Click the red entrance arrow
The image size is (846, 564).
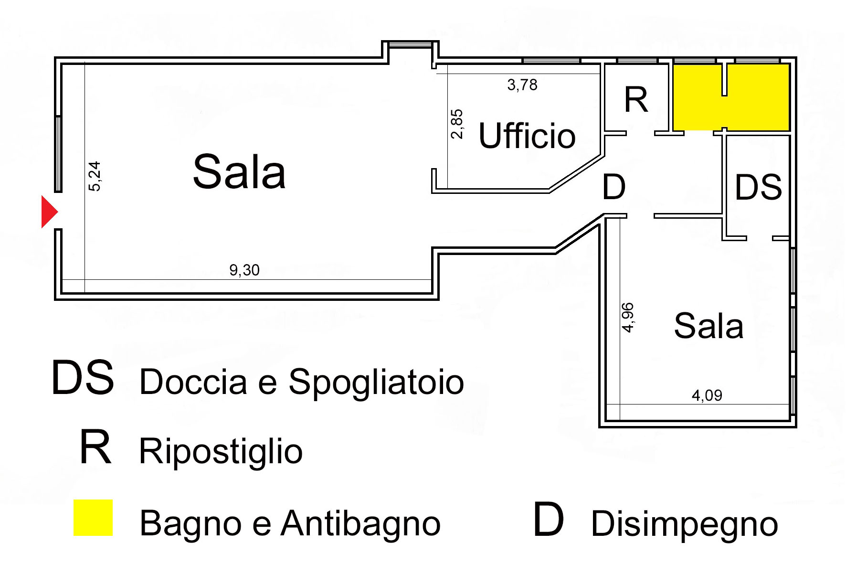click(x=49, y=212)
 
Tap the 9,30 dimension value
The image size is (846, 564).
click(x=244, y=270)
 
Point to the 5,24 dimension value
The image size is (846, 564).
click(x=95, y=176)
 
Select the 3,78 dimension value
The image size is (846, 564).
click(x=522, y=85)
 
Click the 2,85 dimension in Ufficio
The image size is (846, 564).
click(x=457, y=124)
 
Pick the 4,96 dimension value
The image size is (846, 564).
click(x=628, y=317)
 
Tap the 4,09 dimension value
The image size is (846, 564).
click(x=707, y=395)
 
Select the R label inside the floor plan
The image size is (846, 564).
click(x=636, y=100)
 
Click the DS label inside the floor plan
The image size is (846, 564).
click(x=758, y=187)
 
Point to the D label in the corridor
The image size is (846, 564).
click(x=614, y=187)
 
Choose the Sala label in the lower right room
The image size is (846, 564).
click(x=709, y=326)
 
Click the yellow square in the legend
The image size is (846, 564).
click(x=93, y=518)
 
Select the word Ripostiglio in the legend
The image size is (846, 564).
click(x=221, y=451)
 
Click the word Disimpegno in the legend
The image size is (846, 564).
click(x=684, y=524)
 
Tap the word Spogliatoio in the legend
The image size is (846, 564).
click(x=376, y=382)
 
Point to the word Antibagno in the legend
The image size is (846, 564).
click(x=360, y=523)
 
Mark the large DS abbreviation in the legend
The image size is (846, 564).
click(x=83, y=378)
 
